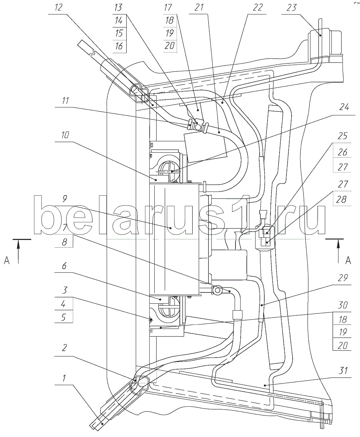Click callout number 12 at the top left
click(59, 7)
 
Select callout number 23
click(292, 8)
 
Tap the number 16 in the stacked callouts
click(119, 46)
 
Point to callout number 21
click(199, 7)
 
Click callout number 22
click(257, 7)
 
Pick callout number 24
click(344, 107)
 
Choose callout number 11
click(66, 101)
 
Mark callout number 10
click(65, 135)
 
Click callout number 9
click(65, 198)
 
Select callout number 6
click(64, 266)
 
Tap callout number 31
click(343, 370)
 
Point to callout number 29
click(343, 278)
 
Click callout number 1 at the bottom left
click(64, 378)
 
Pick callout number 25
click(343, 136)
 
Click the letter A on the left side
click(7, 261)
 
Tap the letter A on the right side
click(348, 261)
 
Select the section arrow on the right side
click(338, 251)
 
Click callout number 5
click(64, 318)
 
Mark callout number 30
click(343, 305)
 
